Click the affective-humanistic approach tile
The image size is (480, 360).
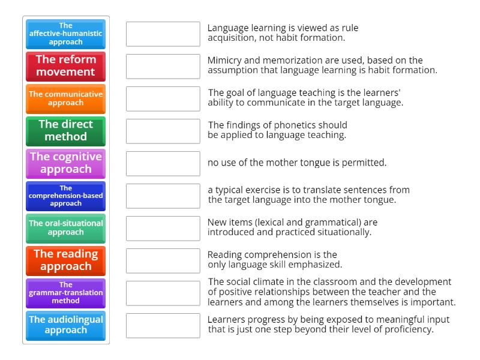click(65, 34)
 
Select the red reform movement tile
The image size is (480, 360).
click(65, 67)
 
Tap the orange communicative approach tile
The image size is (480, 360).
click(65, 99)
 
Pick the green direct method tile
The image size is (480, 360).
click(65, 131)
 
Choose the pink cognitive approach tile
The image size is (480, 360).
click(65, 164)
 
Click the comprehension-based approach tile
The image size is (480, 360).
click(65, 196)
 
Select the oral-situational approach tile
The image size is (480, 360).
click(65, 229)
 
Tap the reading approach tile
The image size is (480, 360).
click(65, 261)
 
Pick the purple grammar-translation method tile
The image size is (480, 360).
click(65, 293)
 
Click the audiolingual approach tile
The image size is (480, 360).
click(65, 326)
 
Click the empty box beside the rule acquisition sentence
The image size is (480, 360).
click(163, 34)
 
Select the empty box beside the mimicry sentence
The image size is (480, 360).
click(163, 67)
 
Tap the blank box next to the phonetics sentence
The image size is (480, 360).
click(163, 131)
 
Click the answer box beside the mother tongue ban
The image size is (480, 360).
click(163, 164)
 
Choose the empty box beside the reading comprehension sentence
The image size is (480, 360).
click(163, 261)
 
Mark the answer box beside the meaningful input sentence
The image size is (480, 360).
click(163, 326)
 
